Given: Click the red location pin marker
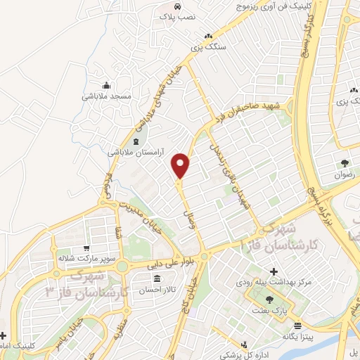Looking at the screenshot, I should (181, 165).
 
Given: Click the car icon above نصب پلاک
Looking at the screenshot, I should (176, 6).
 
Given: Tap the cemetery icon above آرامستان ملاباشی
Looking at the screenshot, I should (136, 141).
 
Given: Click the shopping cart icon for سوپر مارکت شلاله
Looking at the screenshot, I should (86, 247).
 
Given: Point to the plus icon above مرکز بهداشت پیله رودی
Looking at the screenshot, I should (274, 271).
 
